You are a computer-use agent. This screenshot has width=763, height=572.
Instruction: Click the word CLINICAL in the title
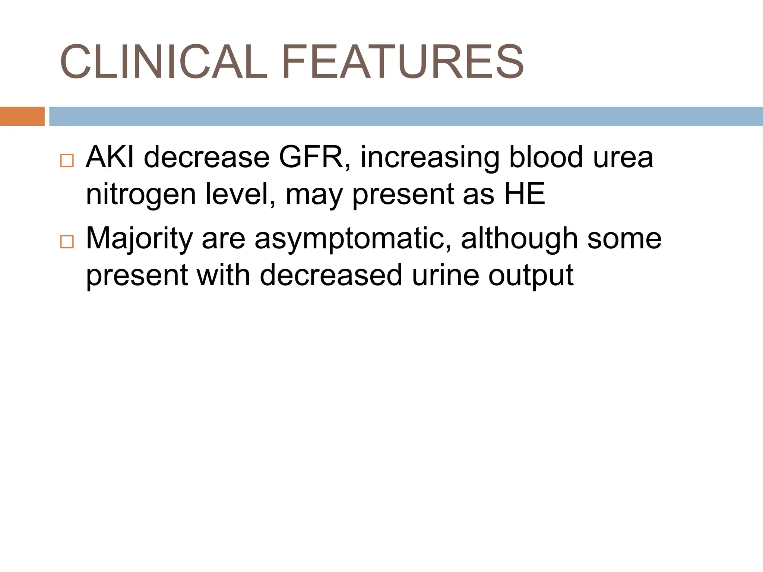click(x=163, y=62)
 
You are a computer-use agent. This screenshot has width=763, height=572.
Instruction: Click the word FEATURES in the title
click(x=403, y=62)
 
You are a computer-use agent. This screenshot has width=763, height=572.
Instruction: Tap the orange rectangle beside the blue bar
click(x=22, y=116)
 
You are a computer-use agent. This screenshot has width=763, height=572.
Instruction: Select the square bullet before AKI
click(x=67, y=161)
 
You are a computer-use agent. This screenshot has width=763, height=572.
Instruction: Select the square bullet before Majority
click(x=67, y=242)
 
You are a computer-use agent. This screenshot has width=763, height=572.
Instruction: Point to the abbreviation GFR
click(x=314, y=158)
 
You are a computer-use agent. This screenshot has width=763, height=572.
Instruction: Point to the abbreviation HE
click(x=525, y=194)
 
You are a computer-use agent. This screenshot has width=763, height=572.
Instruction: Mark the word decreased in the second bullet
click(x=331, y=275)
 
